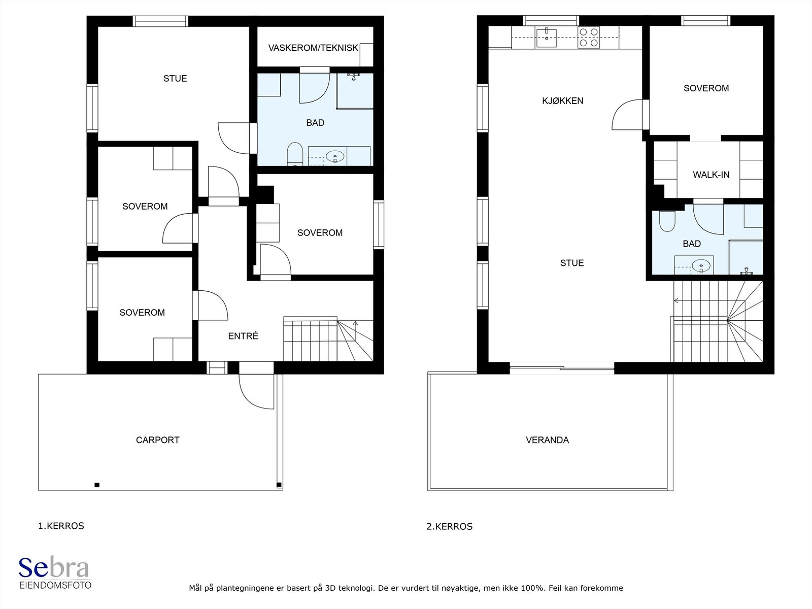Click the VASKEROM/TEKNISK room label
(x=313, y=48)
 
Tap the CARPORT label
(x=158, y=440)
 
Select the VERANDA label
(x=547, y=440)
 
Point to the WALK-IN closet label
(x=711, y=175)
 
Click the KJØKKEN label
(x=562, y=100)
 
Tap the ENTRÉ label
(x=243, y=336)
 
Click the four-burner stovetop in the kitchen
(x=589, y=38)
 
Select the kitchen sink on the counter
(x=547, y=38)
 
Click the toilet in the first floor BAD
(x=295, y=154)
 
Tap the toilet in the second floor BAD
(x=667, y=221)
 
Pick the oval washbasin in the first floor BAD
(x=335, y=156)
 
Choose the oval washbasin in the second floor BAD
(x=701, y=265)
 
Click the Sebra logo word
(x=54, y=567)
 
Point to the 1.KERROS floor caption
(x=61, y=526)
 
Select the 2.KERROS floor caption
(x=450, y=526)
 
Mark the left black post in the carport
(x=97, y=485)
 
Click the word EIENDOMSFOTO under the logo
(x=55, y=585)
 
